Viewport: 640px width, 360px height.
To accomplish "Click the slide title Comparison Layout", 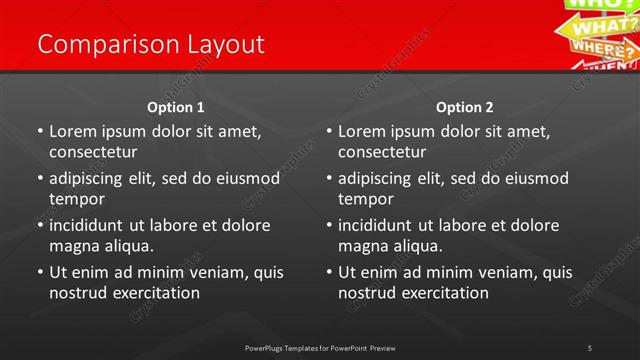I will tap(151, 44).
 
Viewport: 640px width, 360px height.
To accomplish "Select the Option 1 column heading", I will tap(176, 107).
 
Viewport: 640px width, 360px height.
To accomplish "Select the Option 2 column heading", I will tap(465, 107).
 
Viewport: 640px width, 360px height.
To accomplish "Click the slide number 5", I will tap(589, 348).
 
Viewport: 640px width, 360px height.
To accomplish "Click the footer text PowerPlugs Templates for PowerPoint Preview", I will tap(320, 348).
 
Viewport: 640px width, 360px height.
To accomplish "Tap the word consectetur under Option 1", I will tap(93, 152).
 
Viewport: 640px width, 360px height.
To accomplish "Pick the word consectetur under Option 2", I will tap(383, 152).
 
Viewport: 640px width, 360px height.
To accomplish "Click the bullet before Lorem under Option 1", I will tap(39, 131).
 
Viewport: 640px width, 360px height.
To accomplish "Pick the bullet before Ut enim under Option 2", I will tap(329, 272).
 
